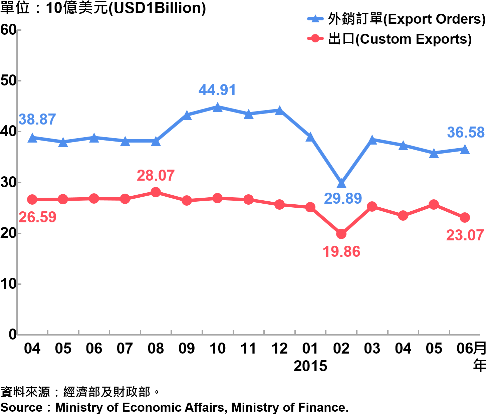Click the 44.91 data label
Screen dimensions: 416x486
pyautogui.click(x=217, y=90)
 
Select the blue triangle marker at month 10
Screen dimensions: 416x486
pyautogui.click(x=218, y=108)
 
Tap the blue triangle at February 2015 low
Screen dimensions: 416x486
pyautogui.click(x=341, y=183)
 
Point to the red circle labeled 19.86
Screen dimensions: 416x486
pyautogui.click(x=341, y=234)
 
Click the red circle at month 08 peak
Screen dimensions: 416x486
pyautogui.click(x=156, y=192)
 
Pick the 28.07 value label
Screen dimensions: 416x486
pyautogui.click(x=156, y=176)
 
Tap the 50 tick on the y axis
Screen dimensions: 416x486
pyautogui.click(x=8, y=81)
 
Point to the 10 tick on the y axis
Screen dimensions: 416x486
pyautogui.click(x=8, y=284)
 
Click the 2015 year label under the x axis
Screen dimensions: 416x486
pyautogui.click(x=310, y=366)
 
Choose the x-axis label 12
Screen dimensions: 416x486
pyautogui.click(x=279, y=349)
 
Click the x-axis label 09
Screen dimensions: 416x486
pyautogui.click(x=187, y=349)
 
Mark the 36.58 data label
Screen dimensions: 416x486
pyautogui.click(x=466, y=133)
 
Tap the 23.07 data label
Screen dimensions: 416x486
pyautogui.click(x=465, y=235)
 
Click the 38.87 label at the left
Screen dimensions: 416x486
pyautogui.click(x=37, y=120)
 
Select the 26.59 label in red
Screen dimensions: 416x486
pyautogui.click(x=37, y=217)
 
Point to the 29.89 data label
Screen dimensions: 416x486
pyautogui.click(x=343, y=199)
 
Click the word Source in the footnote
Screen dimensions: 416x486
pyautogui.click(x=21, y=408)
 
